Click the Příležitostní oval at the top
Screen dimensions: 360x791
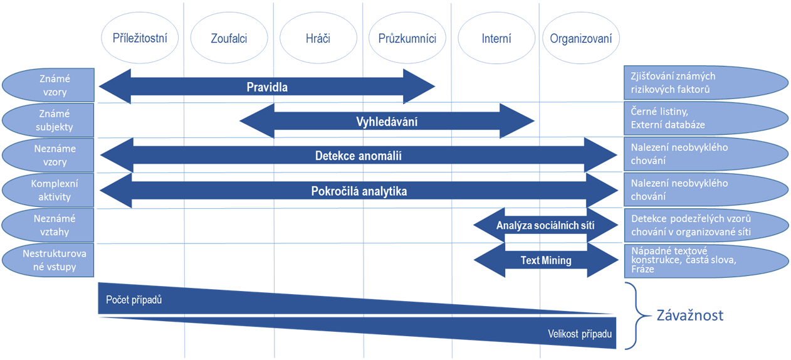145,38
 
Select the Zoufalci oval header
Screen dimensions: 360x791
229,38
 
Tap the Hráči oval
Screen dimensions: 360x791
318,38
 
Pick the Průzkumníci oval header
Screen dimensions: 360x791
407,38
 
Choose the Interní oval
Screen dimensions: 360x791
496,38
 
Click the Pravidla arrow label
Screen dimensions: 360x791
267,87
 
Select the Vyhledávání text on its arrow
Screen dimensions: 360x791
387,122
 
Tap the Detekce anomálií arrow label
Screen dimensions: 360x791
358,156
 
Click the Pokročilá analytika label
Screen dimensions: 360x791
359,191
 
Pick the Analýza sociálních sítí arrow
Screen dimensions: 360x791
545,226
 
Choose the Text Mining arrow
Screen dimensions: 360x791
546,260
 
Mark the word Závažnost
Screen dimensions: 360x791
689,315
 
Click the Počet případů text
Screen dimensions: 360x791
134,300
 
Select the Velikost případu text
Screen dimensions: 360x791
575,334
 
